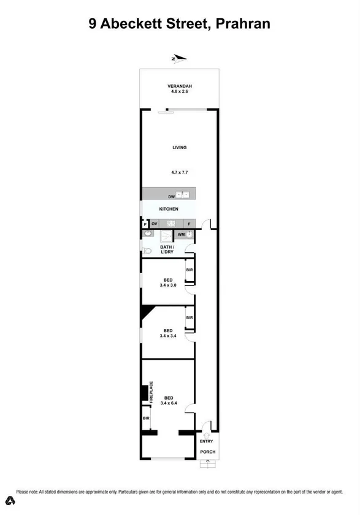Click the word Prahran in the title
pyautogui.click(x=243, y=23)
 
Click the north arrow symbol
pyautogui.click(x=178, y=59)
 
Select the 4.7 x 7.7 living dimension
pyautogui.click(x=180, y=172)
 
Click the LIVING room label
pyautogui.click(x=179, y=147)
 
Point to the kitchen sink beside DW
pyautogui.click(x=183, y=196)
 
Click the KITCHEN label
pyautogui.click(x=169, y=209)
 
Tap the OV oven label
pyautogui.click(x=155, y=224)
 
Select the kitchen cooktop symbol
pyautogui.click(x=172, y=224)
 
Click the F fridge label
pyautogui.click(x=189, y=224)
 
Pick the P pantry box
pyautogui.click(x=145, y=224)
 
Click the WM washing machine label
pyautogui.click(x=181, y=234)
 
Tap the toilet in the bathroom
pyautogui.click(x=147, y=250)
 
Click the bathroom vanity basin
pyautogui.click(x=147, y=234)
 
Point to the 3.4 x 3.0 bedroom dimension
pyautogui.click(x=168, y=285)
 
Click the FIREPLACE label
pyautogui.click(x=151, y=392)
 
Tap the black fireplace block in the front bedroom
pyautogui.click(x=145, y=392)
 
